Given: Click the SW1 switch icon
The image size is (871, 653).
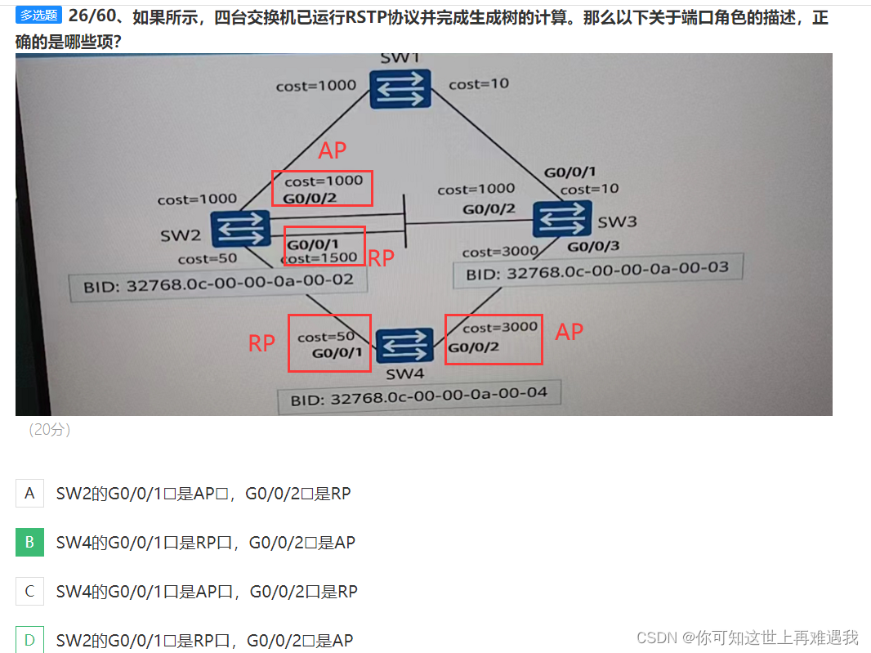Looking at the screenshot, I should pyautogui.click(x=399, y=88).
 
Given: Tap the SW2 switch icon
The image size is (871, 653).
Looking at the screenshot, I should pyautogui.click(x=240, y=229).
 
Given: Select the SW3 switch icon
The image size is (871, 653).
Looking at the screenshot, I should pyautogui.click(x=562, y=219).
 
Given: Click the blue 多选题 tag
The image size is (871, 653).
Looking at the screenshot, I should pyautogui.click(x=38, y=16).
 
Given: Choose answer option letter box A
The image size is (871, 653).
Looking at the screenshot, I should pyautogui.click(x=29, y=494).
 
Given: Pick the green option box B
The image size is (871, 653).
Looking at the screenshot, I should pyautogui.click(x=29, y=543).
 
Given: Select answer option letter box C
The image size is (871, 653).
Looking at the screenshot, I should pyautogui.click(x=29, y=592).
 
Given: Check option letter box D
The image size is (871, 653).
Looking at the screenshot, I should pyautogui.click(x=29, y=640).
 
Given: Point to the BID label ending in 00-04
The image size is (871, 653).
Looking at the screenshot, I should pyautogui.click(x=418, y=397).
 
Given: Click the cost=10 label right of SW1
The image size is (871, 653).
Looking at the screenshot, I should pyautogui.click(x=479, y=83).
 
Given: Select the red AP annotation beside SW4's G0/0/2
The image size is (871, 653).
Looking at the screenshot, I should pyautogui.click(x=569, y=331).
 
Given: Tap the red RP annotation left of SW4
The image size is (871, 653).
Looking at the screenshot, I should pyautogui.click(x=261, y=343).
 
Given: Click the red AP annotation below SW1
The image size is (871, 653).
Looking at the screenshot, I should pyautogui.click(x=333, y=150).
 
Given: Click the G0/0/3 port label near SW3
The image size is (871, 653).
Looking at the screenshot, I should pyautogui.click(x=593, y=246).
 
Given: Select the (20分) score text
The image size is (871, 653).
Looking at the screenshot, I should pyautogui.click(x=49, y=430).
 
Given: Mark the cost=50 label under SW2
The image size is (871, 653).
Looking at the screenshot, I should pyautogui.click(x=208, y=259).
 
